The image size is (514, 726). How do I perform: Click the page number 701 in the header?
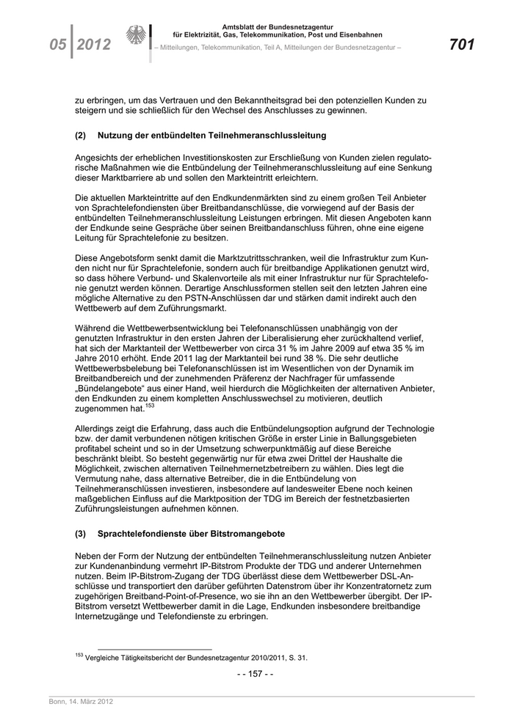(461, 45)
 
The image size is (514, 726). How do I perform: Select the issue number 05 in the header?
(59, 45)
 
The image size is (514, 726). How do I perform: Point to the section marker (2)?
(81, 136)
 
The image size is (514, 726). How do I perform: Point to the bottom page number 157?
(256, 674)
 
